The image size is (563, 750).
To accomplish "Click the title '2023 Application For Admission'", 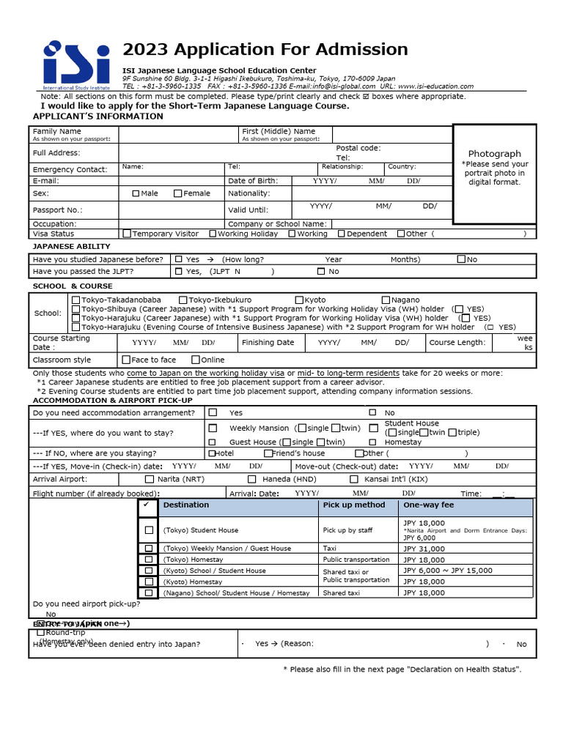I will [265, 50].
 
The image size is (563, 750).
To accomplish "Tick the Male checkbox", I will [136, 193].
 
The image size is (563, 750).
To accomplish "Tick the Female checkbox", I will [178, 193].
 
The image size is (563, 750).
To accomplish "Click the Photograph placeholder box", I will [494, 174].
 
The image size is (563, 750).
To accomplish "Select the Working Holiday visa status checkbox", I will [213, 234].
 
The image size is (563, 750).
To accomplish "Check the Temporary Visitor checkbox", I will [128, 234].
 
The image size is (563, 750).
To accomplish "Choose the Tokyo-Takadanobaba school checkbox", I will [76, 300].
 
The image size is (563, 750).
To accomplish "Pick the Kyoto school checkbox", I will [299, 300].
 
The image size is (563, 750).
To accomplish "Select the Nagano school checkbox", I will [386, 300].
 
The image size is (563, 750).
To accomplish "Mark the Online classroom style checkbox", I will [195, 360].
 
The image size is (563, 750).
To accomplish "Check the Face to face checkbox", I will [126, 360].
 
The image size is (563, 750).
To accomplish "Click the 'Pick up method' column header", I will [354, 505].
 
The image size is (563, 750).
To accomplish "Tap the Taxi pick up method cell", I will [330, 549].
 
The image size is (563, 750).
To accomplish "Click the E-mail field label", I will [45, 181].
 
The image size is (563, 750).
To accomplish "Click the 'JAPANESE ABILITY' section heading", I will [72, 247].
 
